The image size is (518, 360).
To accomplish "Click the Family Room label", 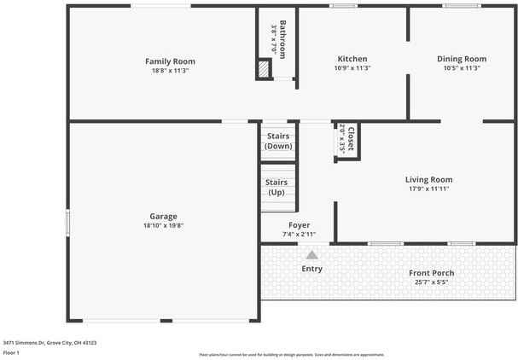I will pos(170,61).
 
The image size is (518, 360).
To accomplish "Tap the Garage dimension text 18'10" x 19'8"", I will pos(164,227).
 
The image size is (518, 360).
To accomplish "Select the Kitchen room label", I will pos(352,59).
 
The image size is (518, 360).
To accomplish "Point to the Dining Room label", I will pos(462,59).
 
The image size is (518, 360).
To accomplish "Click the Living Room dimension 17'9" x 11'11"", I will pos(428,189).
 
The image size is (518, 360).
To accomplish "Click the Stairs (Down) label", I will pos(278,141).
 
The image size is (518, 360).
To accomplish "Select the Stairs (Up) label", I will pos(276,188).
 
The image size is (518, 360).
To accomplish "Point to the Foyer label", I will pos(299,225).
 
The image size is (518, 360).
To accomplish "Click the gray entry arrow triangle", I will pos(312,254).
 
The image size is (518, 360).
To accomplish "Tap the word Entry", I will pos(312,270).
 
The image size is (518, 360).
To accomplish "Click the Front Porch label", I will pos(431,273).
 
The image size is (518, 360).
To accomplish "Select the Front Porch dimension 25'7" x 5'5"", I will pos(431,282).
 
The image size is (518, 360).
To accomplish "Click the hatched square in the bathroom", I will pos(264,71).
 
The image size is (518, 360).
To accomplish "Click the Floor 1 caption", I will pos(12,351).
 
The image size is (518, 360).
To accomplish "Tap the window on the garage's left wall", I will pos(69,224).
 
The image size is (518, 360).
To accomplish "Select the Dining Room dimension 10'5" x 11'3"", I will pos(462,68).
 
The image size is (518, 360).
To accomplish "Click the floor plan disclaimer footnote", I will pos(292,353).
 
